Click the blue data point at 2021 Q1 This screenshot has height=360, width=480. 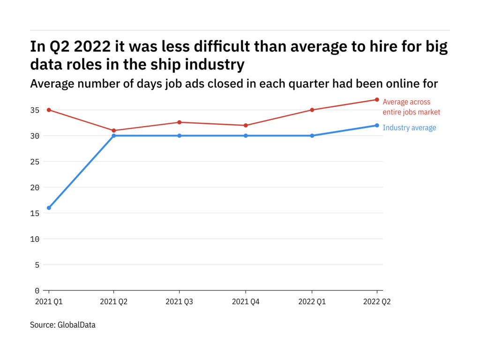[49, 208]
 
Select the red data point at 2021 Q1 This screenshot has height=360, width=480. [49, 110]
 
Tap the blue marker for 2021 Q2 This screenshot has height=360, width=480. [114, 135]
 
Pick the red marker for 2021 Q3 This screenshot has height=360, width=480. [180, 122]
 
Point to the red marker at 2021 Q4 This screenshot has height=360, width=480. [246, 125]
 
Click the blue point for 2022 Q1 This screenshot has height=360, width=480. [312, 135]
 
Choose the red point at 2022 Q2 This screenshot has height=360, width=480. [377, 99]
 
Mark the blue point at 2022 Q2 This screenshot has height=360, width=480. [377, 125]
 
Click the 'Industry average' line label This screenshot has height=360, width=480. [409, 127]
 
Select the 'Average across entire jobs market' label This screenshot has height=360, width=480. [411, 107]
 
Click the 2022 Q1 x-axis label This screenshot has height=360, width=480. [312, 302]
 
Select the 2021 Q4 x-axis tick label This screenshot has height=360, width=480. [246, 302]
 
